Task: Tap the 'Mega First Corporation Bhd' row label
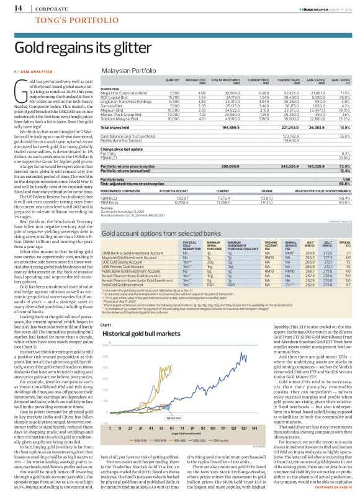pyautogui.click(x=125, y=91)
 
